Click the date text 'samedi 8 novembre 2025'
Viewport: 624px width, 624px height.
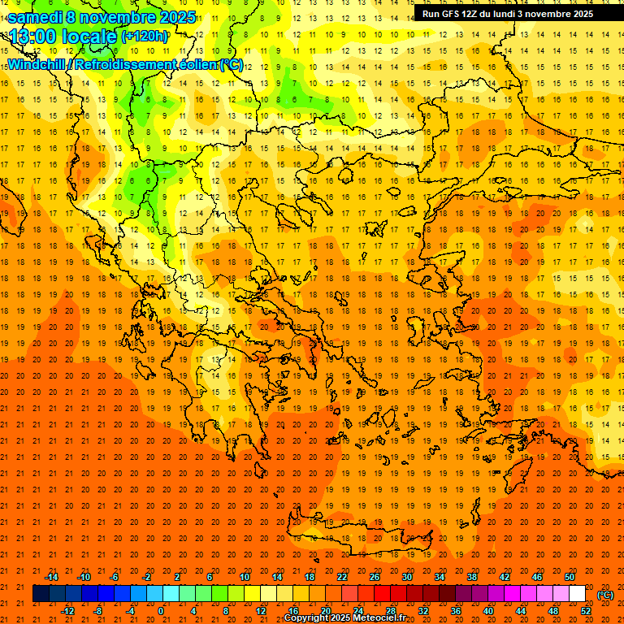[102, 17]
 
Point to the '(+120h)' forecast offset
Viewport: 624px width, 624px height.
[145, 37]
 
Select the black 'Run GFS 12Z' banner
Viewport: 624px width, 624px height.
[507, 14]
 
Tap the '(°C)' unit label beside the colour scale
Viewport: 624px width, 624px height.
[605, 595]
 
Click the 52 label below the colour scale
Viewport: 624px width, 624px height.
[586, 611]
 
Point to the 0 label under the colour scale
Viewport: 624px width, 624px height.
[161, 611]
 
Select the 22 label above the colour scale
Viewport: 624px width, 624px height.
[342, 577]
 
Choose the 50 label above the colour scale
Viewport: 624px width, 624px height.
[570, 577]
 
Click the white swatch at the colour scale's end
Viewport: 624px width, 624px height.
[578, 594]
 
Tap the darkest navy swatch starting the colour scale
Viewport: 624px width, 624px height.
[41, 594]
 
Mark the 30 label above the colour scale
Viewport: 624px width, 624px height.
[407, 577]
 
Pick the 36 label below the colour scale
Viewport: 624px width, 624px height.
[456, 611]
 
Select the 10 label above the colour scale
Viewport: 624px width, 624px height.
[245, 577]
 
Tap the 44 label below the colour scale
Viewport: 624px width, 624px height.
[521, 611]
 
